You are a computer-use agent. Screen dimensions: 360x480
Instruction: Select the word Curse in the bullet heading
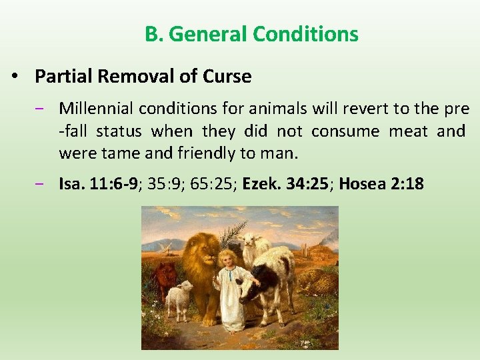[x=229, y=77]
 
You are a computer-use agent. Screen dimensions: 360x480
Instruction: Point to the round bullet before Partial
[x=15, y=77]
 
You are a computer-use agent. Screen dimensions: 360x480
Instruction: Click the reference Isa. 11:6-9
[x=99, y=183]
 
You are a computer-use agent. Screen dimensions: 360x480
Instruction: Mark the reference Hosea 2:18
[x=381, y=183]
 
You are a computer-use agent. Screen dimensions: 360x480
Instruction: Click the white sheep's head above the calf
[x=251, y=241]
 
